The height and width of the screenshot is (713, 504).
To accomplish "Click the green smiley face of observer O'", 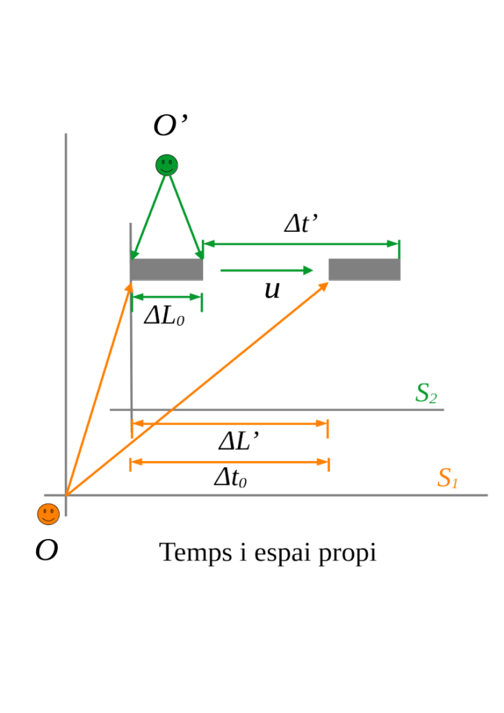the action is (167, 165).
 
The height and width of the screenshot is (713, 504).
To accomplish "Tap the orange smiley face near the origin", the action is (48, 515).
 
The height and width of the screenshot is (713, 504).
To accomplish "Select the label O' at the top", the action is (171, 125).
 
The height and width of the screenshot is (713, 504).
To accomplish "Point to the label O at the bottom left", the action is (47, 550).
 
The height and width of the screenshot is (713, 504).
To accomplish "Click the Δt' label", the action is (301, 223).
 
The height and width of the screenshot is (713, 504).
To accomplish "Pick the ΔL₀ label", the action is (164, 315).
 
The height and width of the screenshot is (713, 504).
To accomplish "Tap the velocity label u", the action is (272, 290).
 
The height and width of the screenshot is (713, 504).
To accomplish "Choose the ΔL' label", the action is (239, 440).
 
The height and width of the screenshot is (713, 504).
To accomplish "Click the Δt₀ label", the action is (230, 478).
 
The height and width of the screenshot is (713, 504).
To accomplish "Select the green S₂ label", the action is (426, 393).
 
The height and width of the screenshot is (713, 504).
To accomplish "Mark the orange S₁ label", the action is (448, 478).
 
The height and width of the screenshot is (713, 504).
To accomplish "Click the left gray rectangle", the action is (167, 269).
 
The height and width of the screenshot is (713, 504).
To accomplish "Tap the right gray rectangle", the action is (365, 269).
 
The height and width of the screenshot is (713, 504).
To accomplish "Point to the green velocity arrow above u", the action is (267, 271).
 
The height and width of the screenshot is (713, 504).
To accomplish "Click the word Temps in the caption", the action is (196, 553).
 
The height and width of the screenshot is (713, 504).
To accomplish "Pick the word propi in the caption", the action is (347, 554).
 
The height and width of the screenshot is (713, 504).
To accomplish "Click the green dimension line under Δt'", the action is (301, 244).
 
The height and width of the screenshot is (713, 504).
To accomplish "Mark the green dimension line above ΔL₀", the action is (167, 297).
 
